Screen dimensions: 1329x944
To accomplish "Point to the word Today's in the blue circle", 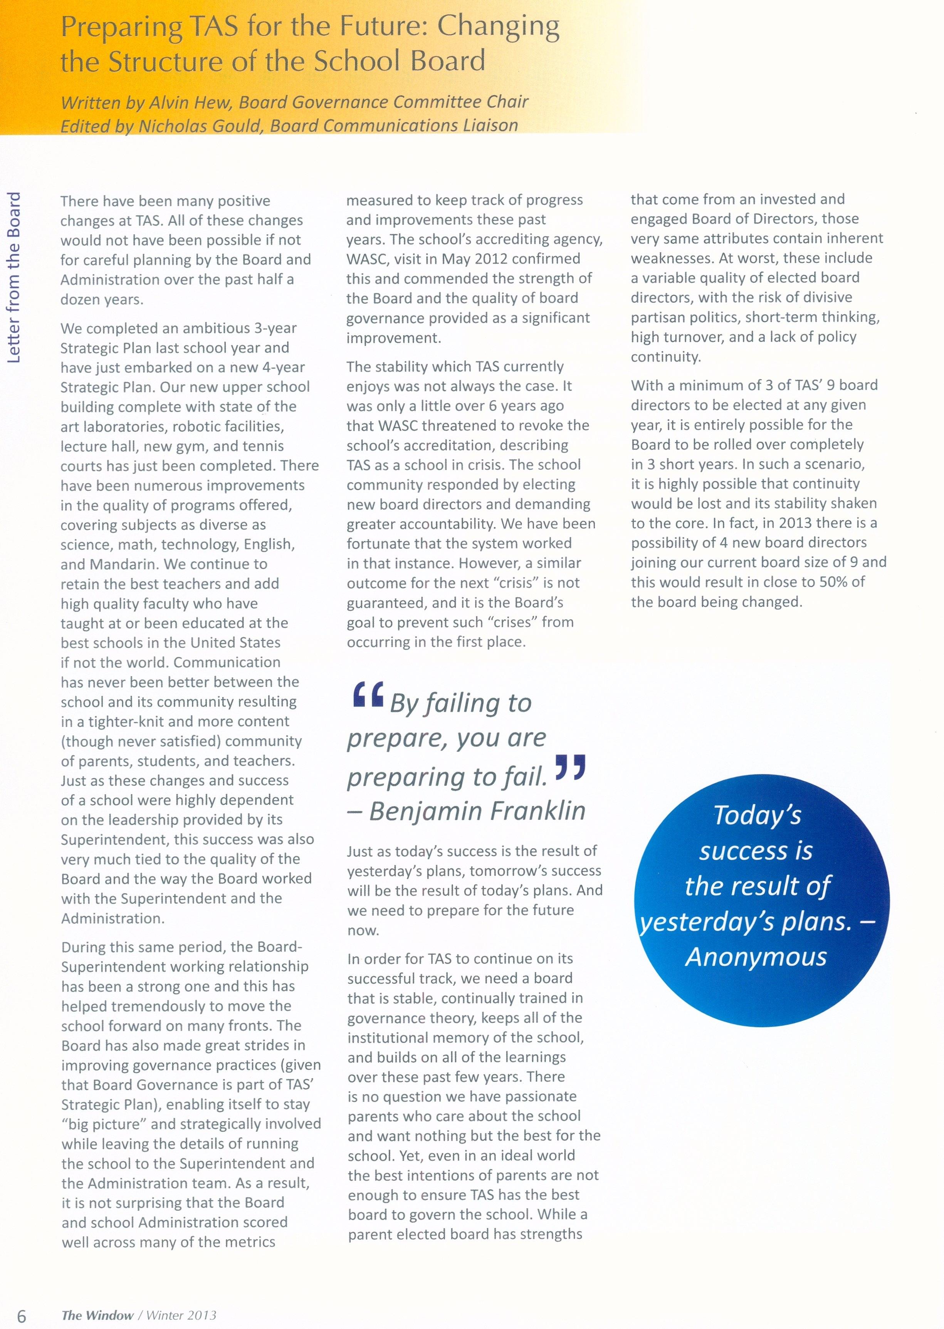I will coord(758,815).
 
